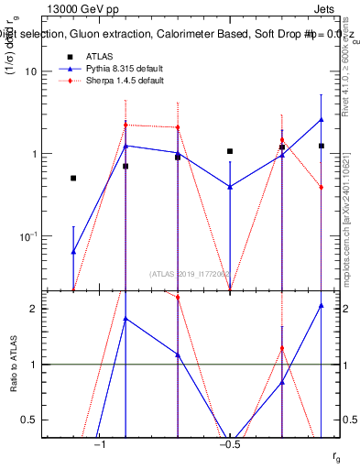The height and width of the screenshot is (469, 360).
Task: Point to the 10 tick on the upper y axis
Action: tap(30, 71)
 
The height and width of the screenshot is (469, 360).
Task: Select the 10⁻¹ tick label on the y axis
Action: tap(27, 236)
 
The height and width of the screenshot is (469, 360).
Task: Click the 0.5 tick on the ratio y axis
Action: tap(29, 420)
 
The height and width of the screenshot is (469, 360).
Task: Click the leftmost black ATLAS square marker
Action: tap(73, 178)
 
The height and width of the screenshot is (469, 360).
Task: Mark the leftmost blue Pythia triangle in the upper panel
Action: tap(73, 251)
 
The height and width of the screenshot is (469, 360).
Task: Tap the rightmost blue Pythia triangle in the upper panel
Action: tap(322, 119)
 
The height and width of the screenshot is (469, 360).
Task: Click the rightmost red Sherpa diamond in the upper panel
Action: tap(322, 188)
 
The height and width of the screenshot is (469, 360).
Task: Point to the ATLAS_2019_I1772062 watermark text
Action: tap(190, 274)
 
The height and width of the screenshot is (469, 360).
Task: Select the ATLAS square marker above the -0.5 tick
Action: tap(230, 151)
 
